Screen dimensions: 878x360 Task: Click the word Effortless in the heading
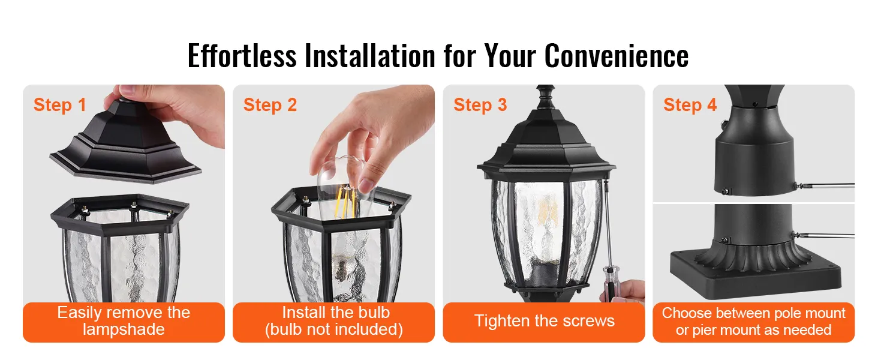tap(242, 55)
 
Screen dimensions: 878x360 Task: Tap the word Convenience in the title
tap(617, 55)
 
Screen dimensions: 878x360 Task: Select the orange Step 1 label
tap(59, 105)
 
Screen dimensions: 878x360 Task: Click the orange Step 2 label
tap(270, 105)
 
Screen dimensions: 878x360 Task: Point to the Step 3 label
tap(480, 105)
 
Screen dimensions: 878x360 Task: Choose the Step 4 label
tap(690, 105)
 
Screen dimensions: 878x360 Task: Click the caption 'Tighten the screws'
tap(544, 321)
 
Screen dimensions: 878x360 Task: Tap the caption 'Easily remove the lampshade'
tap(124, 321)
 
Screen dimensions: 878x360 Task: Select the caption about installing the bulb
tap(334, 321)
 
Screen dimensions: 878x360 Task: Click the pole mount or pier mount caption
tap(753, 321)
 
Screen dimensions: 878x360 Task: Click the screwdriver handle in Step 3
tap(611, 283)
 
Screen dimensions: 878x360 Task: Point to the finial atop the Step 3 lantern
tap(545, 97)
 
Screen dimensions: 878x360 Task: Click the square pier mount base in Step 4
tap(755, 275)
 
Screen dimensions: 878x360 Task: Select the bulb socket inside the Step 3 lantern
tap(543, 272)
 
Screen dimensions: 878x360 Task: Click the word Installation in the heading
tap(370, 55)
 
